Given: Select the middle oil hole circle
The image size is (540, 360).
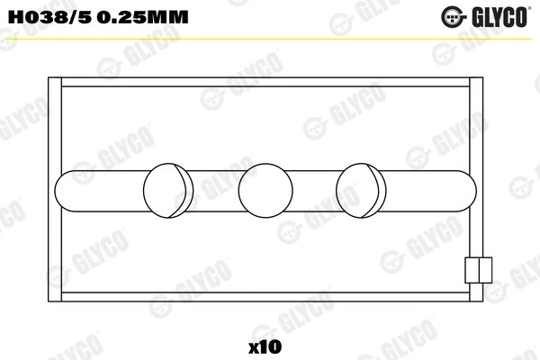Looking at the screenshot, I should point(266,189).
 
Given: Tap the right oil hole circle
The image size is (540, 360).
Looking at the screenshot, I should point(362,189).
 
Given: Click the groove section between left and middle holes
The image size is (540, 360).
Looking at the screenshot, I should point(217,189).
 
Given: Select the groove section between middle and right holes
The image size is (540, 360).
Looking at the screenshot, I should point(314,189).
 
